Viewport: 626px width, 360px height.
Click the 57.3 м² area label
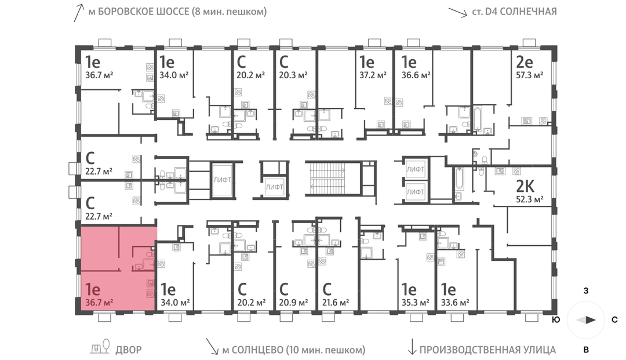coord(529,75)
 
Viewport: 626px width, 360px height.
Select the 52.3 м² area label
coord(529,199)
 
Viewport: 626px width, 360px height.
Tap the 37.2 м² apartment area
coord(373,75)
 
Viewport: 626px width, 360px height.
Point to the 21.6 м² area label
coord(336,303)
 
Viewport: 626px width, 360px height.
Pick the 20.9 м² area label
coord(293,303)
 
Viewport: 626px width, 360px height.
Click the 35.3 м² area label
coord(416,303)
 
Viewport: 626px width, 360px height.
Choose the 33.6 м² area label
coord(455,303)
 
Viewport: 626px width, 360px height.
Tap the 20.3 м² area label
coord(293,75)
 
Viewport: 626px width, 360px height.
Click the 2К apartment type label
coord(525,187)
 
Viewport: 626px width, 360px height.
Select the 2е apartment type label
coord(525,62)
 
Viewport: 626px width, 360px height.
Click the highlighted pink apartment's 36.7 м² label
coord(99,303)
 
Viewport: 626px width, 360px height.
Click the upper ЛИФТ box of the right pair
coord(416,169)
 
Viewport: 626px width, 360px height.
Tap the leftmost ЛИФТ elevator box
coord(222,180)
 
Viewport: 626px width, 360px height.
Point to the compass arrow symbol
coord(586,319)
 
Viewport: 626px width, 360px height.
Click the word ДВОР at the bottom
coord(129,350)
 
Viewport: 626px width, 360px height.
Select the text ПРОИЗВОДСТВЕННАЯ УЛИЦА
coord(487,350)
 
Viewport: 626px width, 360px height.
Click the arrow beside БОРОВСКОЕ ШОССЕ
coord(79,12)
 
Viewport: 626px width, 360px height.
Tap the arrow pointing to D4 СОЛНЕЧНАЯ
coord(457,12)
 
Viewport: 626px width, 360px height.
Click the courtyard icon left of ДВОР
coord(100,347)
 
